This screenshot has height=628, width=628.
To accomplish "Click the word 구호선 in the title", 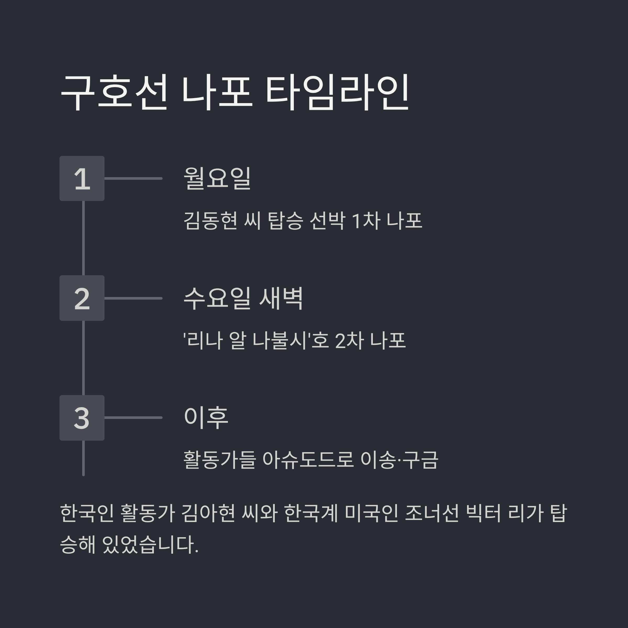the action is (x=114, y=93).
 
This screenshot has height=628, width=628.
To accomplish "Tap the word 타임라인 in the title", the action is (x=337, y=93).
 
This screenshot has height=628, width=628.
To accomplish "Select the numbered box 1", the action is (x=82, y=178).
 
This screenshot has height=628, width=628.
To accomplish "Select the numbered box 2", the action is (x=82, y=298).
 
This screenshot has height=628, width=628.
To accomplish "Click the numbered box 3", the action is (x=82, y=418).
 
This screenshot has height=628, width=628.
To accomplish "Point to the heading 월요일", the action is (x=217, y=178).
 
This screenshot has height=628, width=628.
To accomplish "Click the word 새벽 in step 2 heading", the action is (x=281, y=298).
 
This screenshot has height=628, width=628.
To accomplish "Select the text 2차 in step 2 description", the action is (x=349, y=341).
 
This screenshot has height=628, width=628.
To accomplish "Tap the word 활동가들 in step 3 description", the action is (x=220, y=460).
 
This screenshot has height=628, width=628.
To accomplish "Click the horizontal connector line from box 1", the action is (x=133, y=178).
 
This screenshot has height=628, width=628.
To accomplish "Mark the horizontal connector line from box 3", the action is (x=133, y=418).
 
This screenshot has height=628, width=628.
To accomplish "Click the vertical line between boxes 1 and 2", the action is (x=83, y=238).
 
